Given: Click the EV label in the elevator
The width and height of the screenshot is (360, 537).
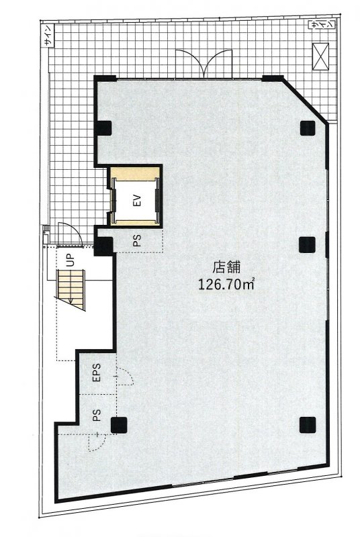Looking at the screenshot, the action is click(x=138, y=201).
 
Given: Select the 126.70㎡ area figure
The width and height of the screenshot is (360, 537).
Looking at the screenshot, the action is click(x=226, y=284).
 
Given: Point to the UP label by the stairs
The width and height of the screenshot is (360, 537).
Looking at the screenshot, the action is click(x=71, y=260).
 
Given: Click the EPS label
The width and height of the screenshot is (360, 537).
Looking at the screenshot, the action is click(x=97, y=373).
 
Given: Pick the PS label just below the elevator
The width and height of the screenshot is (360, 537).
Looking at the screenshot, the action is click(x=137, y=241).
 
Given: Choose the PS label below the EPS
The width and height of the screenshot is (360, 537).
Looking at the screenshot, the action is click(x=97, y=416).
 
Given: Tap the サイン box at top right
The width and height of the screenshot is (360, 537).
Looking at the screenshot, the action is click(x=322, y=25).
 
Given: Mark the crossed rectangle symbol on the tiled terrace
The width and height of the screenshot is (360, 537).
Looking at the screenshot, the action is click(x=320, y=56).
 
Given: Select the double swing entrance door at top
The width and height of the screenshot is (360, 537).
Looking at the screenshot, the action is click(x=204, y=64).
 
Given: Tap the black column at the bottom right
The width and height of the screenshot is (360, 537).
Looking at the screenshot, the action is click(x=308, y=425).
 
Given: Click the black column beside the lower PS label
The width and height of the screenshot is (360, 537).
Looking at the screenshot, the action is click(x=119, y=425).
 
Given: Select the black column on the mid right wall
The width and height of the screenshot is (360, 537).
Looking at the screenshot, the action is click(x=307, y=244).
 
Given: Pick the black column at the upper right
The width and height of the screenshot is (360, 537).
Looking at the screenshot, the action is click(x=308, y=128).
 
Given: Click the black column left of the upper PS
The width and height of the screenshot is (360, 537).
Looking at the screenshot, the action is click(x=103, y=246).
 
